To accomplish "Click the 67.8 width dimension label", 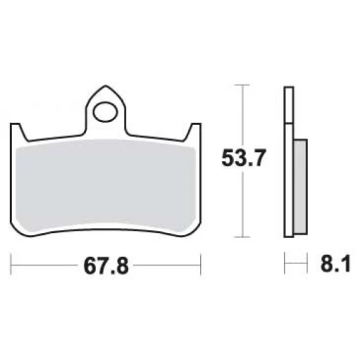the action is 106,266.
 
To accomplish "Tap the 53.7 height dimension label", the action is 244,158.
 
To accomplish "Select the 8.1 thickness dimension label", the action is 335,263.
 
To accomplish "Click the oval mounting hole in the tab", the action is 105,112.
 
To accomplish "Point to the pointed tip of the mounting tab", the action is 105,85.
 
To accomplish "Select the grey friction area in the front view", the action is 105,185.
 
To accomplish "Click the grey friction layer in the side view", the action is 301,187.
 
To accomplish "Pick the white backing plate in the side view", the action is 289,162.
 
